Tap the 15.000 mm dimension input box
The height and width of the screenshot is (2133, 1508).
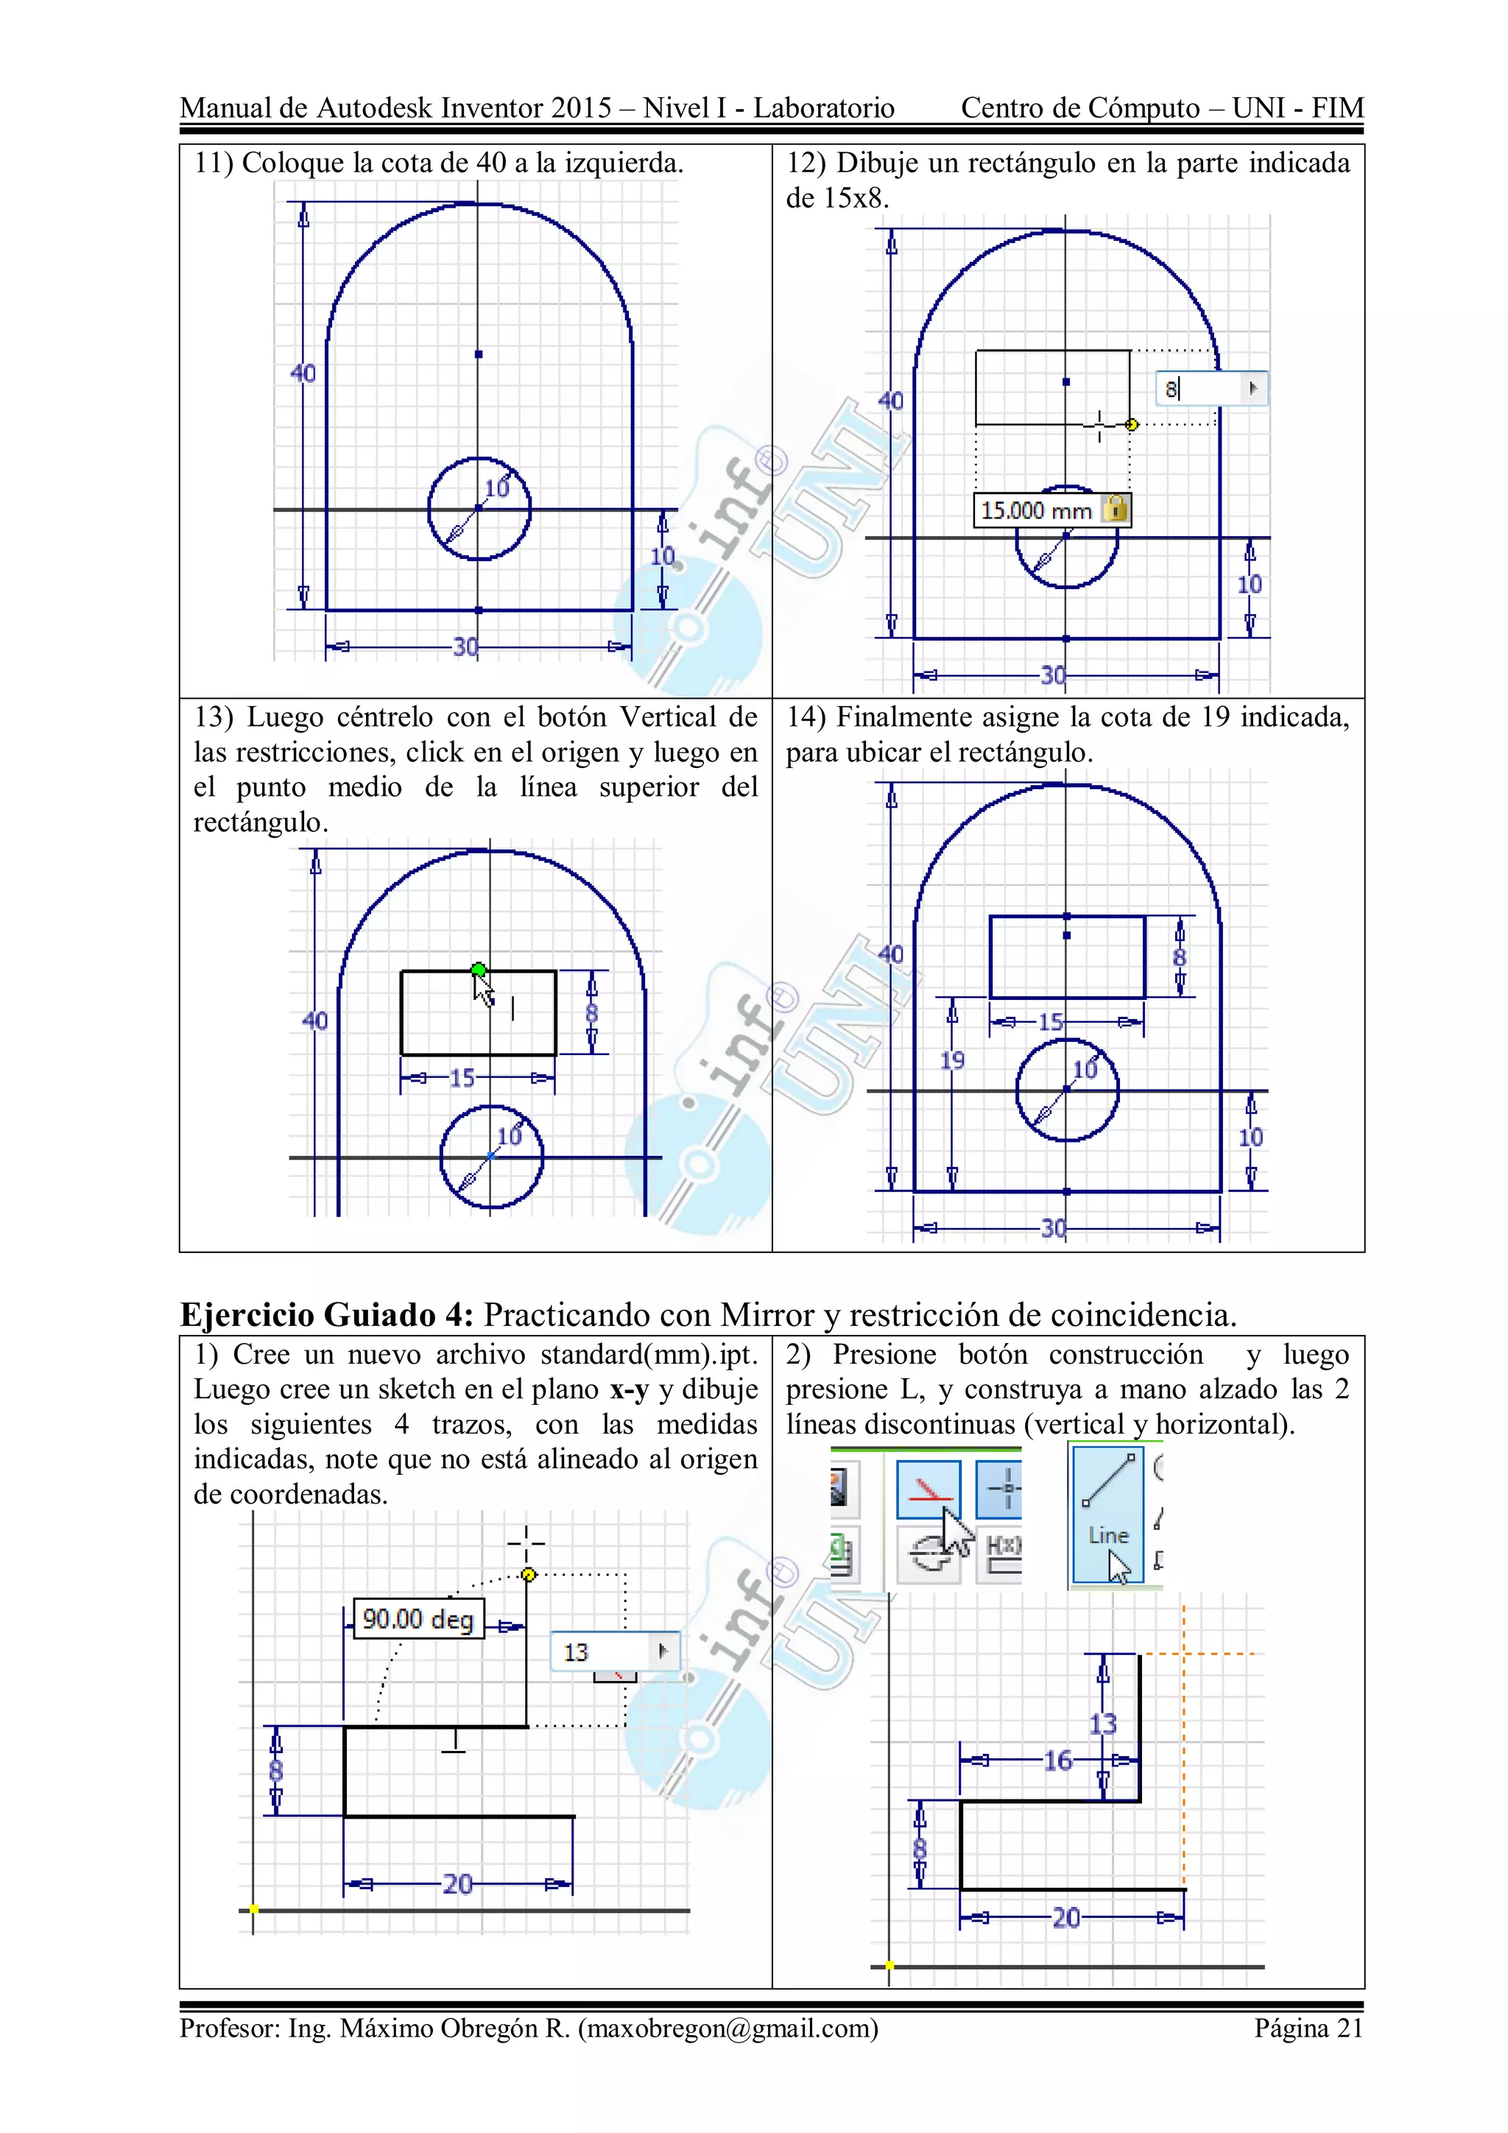pos(1036,510)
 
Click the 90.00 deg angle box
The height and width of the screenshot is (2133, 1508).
pos(418,1619)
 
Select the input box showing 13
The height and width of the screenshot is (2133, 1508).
pos(614,1651)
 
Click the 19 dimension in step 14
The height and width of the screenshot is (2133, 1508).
pos(952,1060)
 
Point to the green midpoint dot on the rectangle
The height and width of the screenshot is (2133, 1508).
pos(479,970)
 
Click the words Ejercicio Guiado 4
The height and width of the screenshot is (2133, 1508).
pos(326,1314)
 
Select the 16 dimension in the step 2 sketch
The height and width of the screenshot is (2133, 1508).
pos(1058,1760)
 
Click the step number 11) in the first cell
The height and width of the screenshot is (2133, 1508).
pos(214,163)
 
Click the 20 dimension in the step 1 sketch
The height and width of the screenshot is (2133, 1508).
pos(457,1883)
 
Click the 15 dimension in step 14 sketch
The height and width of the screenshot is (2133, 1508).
pos(1051,1022)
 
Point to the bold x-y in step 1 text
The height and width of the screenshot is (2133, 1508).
pos(629,1390)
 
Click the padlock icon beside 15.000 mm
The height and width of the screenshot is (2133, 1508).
pos(1116,508)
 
